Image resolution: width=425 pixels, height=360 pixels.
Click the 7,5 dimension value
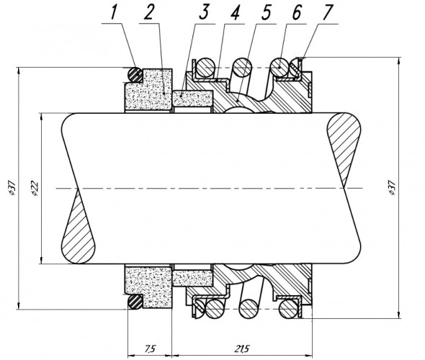pyautogui.click(x=148, y=348)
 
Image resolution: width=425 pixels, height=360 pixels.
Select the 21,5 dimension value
pyautogui.click(x=241, y=348)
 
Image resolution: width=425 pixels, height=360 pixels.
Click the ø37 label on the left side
pyautogui.click(x=9, y=186)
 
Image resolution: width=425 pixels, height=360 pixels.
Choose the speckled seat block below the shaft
pyautogui.click(x=148, y=283)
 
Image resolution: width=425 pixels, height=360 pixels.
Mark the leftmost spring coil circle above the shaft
pyautogui.click(x=205, y=67)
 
